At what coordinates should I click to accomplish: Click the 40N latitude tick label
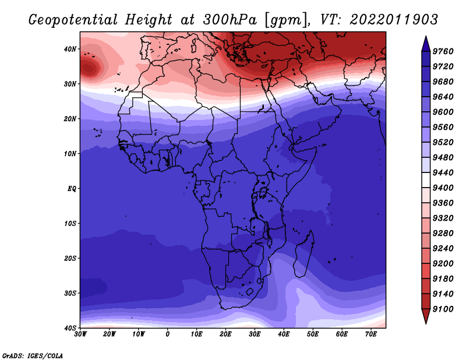70,49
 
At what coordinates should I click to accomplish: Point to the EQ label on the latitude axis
72,189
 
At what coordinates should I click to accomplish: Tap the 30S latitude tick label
70,294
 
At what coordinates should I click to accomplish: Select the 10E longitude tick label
196,334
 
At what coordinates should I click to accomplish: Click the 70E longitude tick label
370,334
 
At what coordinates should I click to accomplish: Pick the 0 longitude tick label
168,334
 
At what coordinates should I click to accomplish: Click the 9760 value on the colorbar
443,51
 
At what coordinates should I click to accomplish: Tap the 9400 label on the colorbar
443,188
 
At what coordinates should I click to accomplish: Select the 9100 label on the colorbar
443,309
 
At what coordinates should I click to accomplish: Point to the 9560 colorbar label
443,127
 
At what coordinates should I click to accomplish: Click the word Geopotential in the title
73,20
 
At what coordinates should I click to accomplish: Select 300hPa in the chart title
230,20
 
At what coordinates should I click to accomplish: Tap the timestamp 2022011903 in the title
394,20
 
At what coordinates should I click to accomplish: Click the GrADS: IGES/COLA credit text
33,356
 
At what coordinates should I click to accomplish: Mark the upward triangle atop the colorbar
426,44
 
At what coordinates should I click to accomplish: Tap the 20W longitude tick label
110,334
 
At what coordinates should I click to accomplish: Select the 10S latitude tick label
70,224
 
